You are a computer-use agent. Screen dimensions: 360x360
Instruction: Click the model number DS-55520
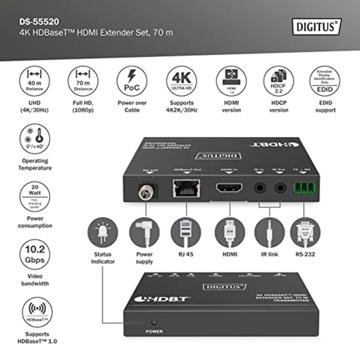click(39, 22)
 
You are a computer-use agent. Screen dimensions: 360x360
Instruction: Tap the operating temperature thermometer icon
click(35, 139)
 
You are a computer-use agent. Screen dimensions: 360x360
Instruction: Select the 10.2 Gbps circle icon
click(35, 254)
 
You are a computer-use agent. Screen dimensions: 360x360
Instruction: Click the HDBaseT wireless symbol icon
click(35, 312)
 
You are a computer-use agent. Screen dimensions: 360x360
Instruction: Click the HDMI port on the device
click(228, 189)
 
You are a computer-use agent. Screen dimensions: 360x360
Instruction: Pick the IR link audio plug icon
click(270, 233)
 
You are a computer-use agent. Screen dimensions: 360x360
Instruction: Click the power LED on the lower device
click(154, 323)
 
